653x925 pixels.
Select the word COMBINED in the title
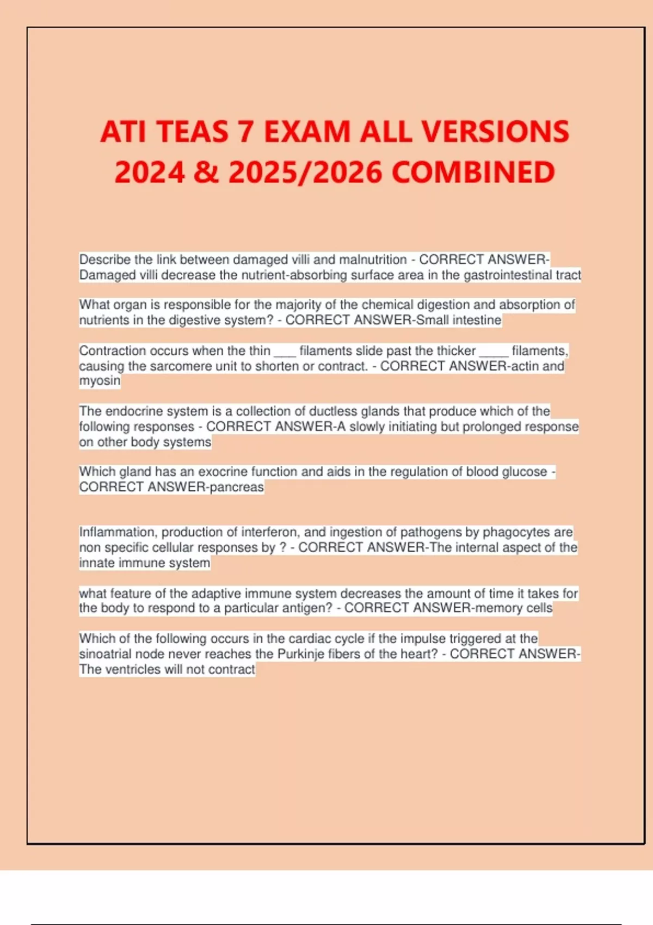473,172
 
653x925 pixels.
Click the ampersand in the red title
206,172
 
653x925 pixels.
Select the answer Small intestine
458,320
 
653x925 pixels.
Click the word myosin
100,381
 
